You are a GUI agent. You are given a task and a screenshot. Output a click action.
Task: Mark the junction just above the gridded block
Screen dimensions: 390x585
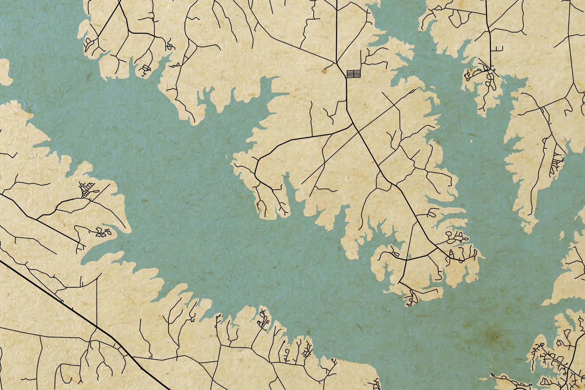coord(337,63)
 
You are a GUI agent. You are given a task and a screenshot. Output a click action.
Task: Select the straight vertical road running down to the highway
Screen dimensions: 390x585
coord(97,301)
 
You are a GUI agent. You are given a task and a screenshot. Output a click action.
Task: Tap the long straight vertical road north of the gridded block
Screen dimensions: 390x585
coord(337,29)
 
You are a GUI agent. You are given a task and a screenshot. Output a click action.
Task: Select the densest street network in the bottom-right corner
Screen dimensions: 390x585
coord(556,363)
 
